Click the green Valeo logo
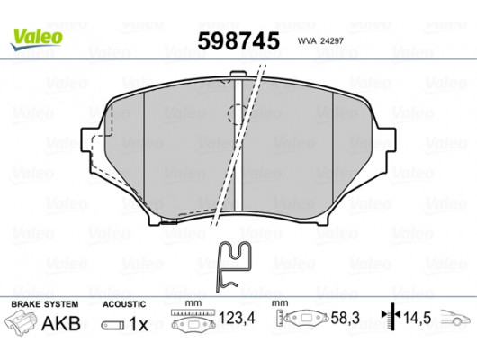[36, 37]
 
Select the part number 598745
[237, 40]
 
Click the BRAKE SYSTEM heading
[44, 303]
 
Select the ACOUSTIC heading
[122, 303]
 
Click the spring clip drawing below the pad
[233, 265]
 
